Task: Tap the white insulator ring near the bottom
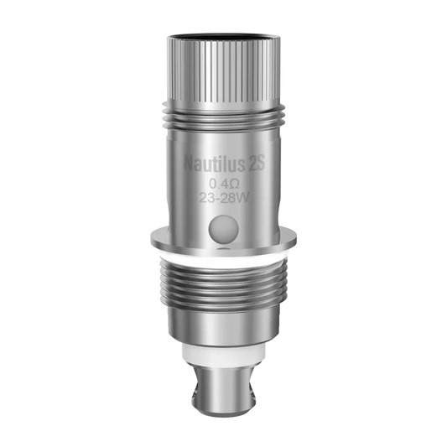click(x=224, y=361)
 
